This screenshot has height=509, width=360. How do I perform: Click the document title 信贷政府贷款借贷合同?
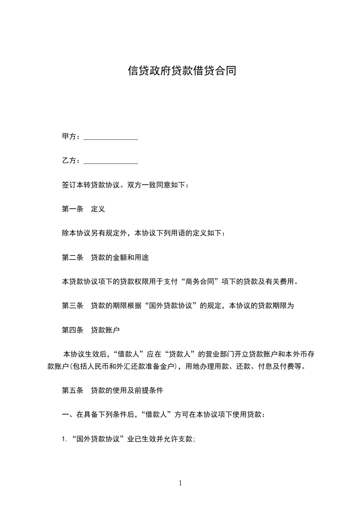(x=182, y=71)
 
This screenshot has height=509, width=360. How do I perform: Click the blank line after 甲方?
(x=111, y=137)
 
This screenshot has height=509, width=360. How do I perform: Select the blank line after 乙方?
(x=111, y=161)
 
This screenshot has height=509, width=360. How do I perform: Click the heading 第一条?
(x=72, y=209)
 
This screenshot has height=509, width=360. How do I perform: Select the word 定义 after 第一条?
(x=98, y=209)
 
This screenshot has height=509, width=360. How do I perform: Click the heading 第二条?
(x=72, y=258)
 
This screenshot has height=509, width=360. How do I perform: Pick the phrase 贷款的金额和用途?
(x=120, y=258)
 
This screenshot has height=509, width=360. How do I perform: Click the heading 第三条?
(x=72, y=306)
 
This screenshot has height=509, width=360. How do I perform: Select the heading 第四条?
(x=72, y=330)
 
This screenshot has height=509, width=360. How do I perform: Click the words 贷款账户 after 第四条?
(x=105, y=330)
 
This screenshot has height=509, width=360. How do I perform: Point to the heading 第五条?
(x=72, y=390)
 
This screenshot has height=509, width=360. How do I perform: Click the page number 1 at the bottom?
(x=180, y=483)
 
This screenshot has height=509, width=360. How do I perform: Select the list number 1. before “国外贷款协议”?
(x=64, y=439)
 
